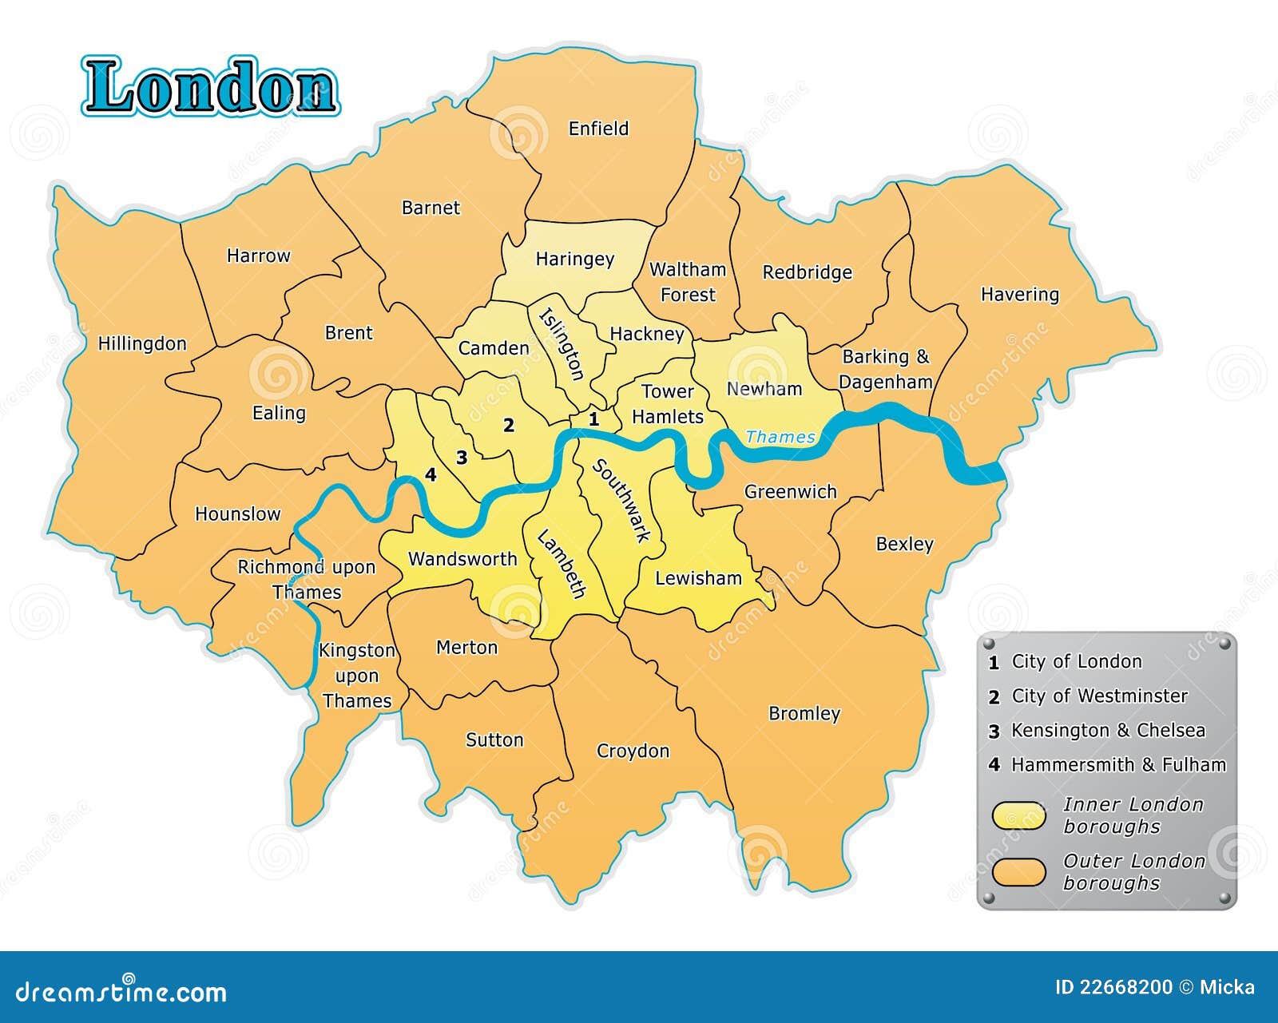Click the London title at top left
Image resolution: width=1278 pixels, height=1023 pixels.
[x=210, y=86]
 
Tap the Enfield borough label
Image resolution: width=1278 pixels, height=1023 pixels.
[x=598, y=129]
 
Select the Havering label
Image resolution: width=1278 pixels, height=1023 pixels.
[x=1019, y=295]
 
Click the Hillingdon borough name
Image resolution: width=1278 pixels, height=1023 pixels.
[x=142, y=344]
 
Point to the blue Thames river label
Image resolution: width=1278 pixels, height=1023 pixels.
[x=780, y=437]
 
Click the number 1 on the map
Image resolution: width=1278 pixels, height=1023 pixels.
[x=593, y=418]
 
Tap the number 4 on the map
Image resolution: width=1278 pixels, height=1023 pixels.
[x=431, y=475]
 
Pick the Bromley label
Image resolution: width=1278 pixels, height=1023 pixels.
[x=804, y=713]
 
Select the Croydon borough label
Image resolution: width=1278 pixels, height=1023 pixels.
[x=633, y=751]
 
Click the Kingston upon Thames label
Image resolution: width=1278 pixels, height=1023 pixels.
[x=356, y=676]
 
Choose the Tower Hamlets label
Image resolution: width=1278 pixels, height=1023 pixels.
[x=668, y=404]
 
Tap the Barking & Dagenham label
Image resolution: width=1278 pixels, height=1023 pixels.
[x=886, y=369]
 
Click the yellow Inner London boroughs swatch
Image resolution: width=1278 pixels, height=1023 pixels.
[x=1018, y=815]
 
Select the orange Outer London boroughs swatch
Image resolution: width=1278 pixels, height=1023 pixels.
[x=1018, y=872]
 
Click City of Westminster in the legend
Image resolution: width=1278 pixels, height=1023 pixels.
[x=1099, y=696]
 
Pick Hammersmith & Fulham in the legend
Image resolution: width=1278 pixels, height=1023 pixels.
[x=1118, y=765]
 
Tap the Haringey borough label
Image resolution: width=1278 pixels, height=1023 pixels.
[x=574, y=259]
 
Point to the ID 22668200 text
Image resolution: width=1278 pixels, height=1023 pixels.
[x=1113, y=988]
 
